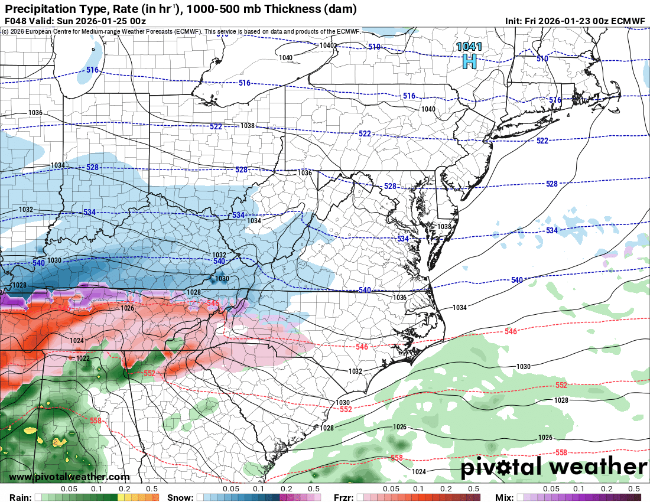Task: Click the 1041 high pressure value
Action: click(469, 47)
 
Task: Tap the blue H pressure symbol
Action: click(469, 60)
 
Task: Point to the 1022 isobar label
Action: click(83, 358)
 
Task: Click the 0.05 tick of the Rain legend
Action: click(69, 489)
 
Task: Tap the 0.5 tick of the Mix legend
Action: click(634, 489)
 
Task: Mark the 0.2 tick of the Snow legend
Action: click(286, 489)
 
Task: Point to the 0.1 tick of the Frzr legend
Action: click(418, 489)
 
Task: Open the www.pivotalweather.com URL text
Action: click(69, 477)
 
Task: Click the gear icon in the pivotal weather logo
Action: click(505, 468)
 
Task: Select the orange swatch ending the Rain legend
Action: click(155, 497)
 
